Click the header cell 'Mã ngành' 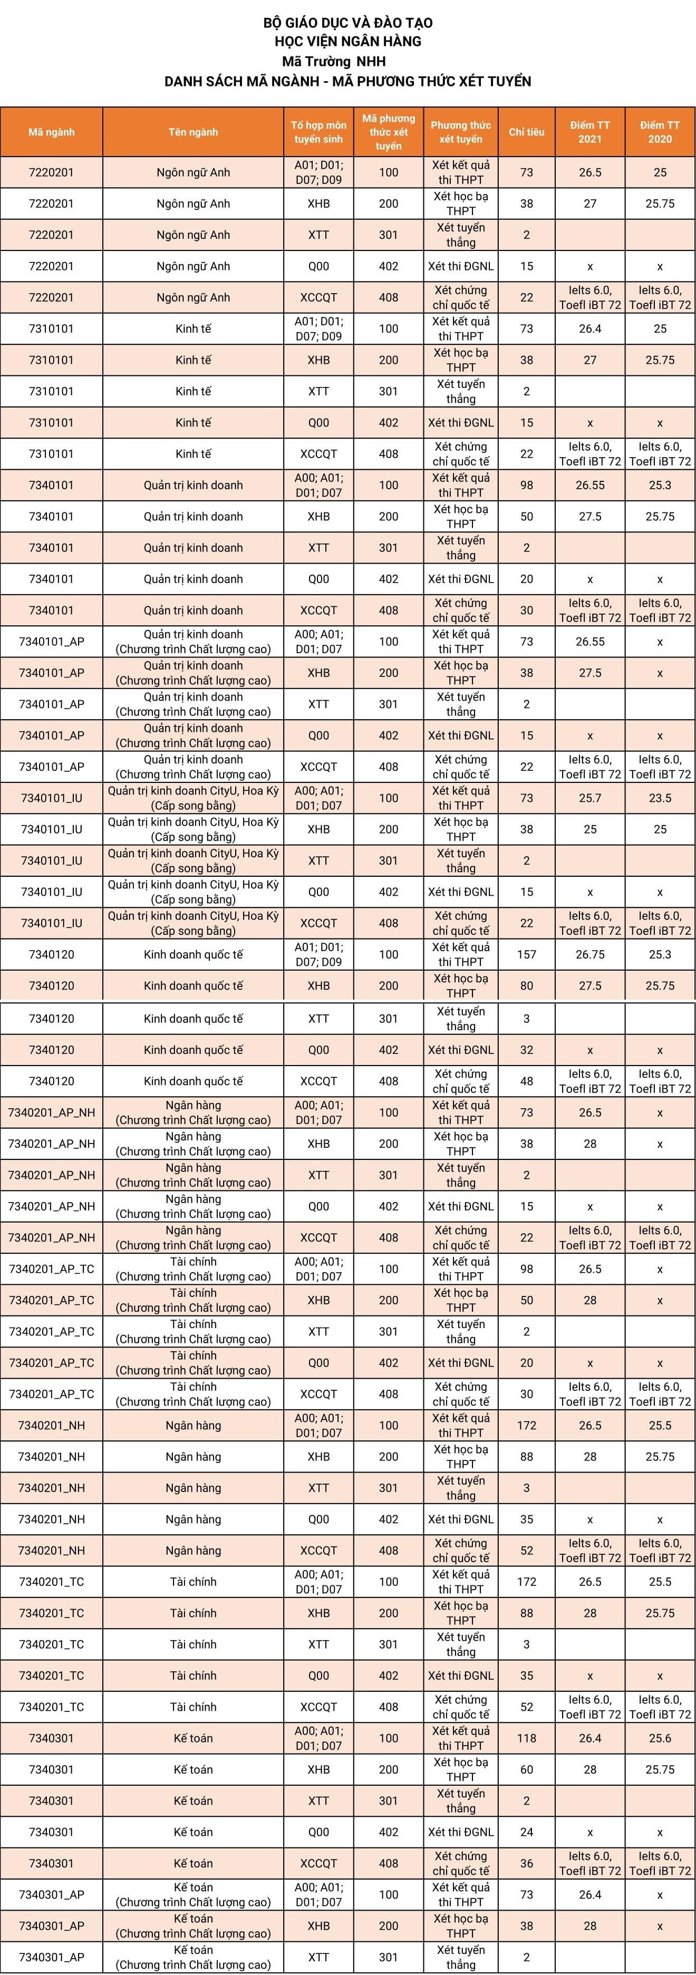51,132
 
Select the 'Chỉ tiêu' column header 527,132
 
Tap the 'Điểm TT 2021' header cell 590,132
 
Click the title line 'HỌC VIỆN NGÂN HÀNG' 348,42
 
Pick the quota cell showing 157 527,954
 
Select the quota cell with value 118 527,1738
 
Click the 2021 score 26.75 590,954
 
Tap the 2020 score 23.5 660,798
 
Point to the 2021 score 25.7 590,798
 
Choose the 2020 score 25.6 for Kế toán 660,1738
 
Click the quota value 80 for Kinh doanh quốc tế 527,986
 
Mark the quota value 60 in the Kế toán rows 527,1769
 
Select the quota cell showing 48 527,1081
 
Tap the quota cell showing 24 527,1833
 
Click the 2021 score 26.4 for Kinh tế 590,329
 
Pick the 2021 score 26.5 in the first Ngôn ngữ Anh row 590,172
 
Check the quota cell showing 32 527,1050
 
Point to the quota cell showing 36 527,1864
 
